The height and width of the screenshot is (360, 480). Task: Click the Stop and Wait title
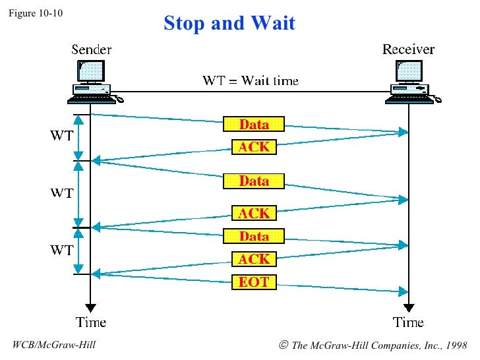(229, 24)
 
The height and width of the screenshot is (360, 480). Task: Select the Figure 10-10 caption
(36, 12)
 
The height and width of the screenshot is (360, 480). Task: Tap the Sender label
(91, 49)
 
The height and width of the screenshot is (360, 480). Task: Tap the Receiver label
(408, 49)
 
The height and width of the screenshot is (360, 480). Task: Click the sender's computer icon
(92, 81)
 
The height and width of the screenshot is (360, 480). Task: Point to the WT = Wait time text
(250, 81)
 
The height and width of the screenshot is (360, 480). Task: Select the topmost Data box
(254, 124)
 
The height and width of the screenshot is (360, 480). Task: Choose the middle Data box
(254, 181)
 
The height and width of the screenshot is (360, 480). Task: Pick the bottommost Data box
(254, 236)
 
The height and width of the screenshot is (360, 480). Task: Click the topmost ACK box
(254, 147)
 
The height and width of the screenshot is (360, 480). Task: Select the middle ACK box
(254, 213)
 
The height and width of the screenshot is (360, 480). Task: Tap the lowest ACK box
(254, 259)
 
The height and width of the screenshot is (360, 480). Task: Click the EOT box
(254, 282)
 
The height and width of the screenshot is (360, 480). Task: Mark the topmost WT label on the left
(62, 137)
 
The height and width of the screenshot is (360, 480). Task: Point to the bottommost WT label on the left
(62, 251)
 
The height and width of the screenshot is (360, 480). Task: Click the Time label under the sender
(91, 322)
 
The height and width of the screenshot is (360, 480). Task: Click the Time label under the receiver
(408, 322)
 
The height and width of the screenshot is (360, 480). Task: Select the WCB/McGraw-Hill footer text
(54, 345)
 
